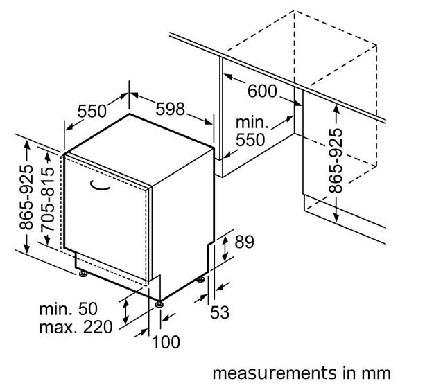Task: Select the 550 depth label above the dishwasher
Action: click(x=92, y=111)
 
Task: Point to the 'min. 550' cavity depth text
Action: click(x=250, y=131)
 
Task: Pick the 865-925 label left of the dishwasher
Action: click(x=26, y=197)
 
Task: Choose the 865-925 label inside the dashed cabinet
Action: click(x=336, y=160)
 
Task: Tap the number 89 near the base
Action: click(x=245, y=242)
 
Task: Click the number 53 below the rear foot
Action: click(x=219, y=312)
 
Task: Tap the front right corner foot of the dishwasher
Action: click(x=160, y=302)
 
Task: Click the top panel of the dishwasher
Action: click(x=139, y=149)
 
